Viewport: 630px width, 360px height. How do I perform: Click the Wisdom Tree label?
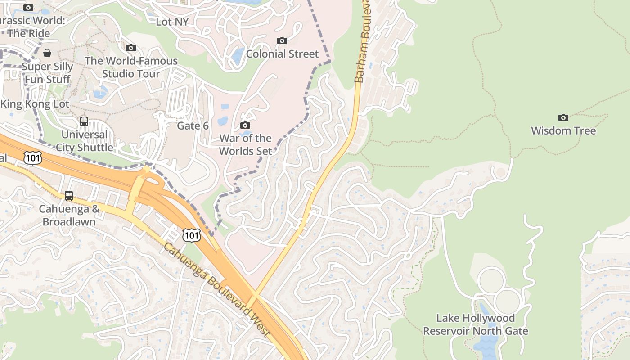pos(563,131)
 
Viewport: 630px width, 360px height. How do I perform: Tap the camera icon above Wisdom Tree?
pos(563,118)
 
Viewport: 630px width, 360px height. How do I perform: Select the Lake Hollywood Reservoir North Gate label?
pos(475,324)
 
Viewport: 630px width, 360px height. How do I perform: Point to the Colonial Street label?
pos(282,54)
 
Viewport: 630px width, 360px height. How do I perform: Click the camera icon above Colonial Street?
pos(282,41)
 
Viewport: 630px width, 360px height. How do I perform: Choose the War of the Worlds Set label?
pos(245,144)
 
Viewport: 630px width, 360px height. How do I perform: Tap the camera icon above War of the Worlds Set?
pos(245,126)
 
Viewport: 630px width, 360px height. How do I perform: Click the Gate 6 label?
pos(193,126)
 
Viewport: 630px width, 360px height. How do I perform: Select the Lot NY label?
pos(172,22)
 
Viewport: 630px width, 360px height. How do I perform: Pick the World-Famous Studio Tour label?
pos(131,67)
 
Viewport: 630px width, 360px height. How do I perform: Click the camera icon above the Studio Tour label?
pos(131,48)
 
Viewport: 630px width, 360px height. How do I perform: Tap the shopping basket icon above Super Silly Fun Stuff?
pos(47,54)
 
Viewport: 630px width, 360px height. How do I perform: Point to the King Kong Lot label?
pos(35,104)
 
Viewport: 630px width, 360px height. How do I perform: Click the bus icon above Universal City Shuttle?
pos(84,121)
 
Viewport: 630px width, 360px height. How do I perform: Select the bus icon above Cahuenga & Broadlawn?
pos(69,196)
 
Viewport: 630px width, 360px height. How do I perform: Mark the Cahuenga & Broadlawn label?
pos(69,215)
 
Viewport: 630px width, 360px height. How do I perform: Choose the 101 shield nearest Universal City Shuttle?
pos(33,157)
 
